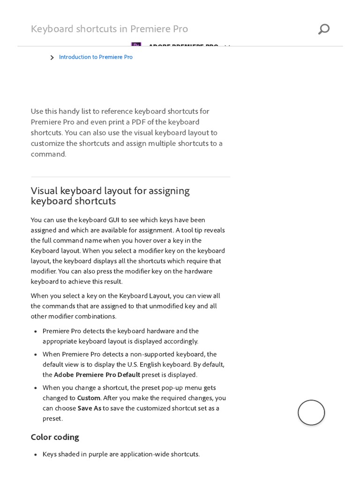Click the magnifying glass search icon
point(323,29)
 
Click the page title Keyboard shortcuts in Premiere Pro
point(109,29)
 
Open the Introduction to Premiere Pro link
point(96,57)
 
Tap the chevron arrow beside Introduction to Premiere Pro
point(52,58)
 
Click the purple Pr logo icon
point(136,45)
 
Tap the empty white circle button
point(311,412)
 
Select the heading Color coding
point(55,437)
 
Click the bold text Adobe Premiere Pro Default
point(97,375)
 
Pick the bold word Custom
point(89,398)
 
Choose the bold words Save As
point(90,408)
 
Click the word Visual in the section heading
point(45,191)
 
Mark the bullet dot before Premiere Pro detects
point(36,331)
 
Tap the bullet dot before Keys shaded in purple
point(36,455)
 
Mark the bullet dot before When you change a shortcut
point(36,388)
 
